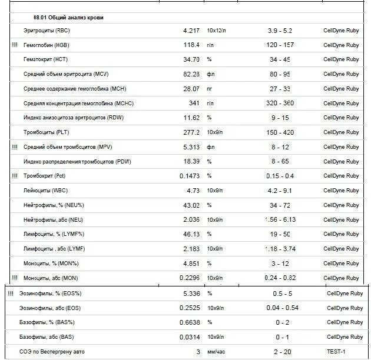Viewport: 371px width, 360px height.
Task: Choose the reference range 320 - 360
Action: point(280,103)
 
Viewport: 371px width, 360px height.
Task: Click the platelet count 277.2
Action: point(191,132)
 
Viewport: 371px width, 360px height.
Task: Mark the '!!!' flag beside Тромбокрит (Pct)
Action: point(15,176)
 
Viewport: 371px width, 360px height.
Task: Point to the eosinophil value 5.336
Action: point(191,293)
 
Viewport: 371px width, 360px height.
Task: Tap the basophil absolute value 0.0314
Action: point(190,337)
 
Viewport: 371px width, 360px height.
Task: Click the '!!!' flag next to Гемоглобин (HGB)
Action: point(15,45)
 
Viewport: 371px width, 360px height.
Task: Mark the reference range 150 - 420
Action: point(280,132)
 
